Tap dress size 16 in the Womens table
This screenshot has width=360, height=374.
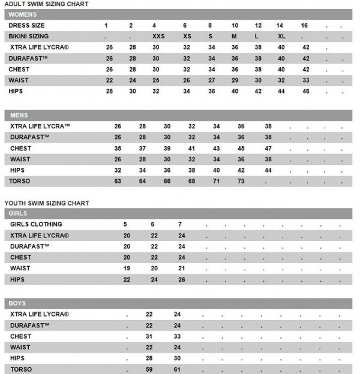305,26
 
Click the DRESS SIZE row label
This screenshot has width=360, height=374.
27,26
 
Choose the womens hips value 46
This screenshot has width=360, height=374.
306,91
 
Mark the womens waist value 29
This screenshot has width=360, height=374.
235,80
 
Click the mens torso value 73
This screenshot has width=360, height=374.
241,180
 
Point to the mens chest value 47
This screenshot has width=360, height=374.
268,148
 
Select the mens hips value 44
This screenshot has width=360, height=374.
268,170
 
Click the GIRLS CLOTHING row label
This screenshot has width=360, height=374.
37,224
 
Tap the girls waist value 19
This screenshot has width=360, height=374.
127,268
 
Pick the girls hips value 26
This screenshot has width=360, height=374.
182,279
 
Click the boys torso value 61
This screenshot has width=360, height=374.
178,369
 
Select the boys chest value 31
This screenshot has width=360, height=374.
150,336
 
